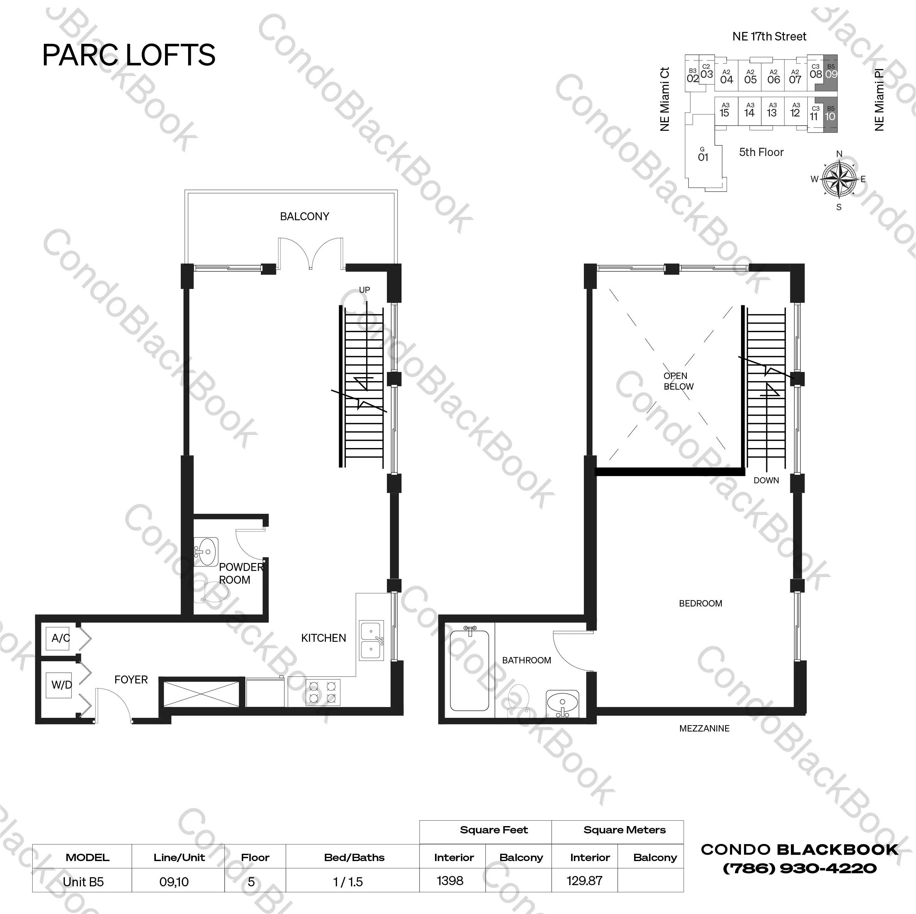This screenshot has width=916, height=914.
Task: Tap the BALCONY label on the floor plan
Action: [304, 217]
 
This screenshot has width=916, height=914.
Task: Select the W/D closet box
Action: [60, 685]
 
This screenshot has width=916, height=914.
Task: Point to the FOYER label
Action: [131, 679]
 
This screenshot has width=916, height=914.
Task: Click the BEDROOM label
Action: [700, 603]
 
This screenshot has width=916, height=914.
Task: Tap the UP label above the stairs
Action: [364, 290]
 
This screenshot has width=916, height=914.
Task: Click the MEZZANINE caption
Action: [704, 728]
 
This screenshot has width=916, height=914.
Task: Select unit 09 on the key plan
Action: [831, 73]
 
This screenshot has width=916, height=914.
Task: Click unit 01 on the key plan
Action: [703, 156]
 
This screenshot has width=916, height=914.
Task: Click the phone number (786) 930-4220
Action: [799, 868]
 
